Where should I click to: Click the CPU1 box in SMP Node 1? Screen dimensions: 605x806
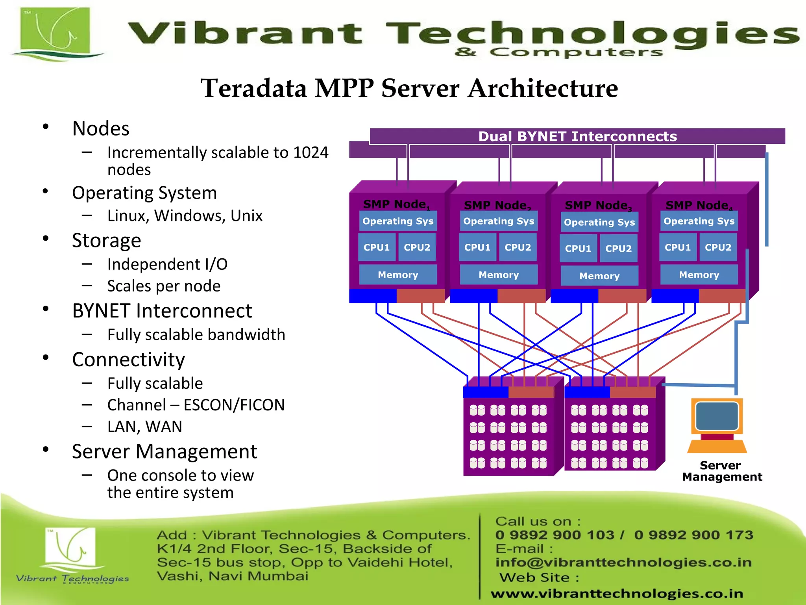click(377, 247)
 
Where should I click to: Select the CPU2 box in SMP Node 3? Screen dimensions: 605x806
click(618, 249)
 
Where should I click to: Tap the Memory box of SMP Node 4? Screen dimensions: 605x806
click(699, 275)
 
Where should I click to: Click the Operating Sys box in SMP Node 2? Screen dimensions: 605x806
click(499, 221)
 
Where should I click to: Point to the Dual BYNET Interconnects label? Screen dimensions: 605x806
click(577, 136)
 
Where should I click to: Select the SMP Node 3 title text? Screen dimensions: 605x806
click(598, 205)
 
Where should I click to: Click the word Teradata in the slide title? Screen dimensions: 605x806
click(254, 88)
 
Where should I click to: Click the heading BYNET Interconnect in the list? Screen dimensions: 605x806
click(162, 311)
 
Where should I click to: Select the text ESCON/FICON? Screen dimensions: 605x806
click(234, 405)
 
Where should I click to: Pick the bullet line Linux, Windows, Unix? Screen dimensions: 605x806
click(185, 216)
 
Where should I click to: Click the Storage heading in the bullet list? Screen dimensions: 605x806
click(106, 240)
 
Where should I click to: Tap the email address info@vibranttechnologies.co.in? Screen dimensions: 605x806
click(623, 562)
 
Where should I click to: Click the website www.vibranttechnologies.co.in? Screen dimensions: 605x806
click(617, 593)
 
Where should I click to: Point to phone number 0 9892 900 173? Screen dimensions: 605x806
click(693, 535)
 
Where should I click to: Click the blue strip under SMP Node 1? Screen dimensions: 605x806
click(373, 296)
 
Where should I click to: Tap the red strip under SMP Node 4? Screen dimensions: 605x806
click(722, 296)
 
